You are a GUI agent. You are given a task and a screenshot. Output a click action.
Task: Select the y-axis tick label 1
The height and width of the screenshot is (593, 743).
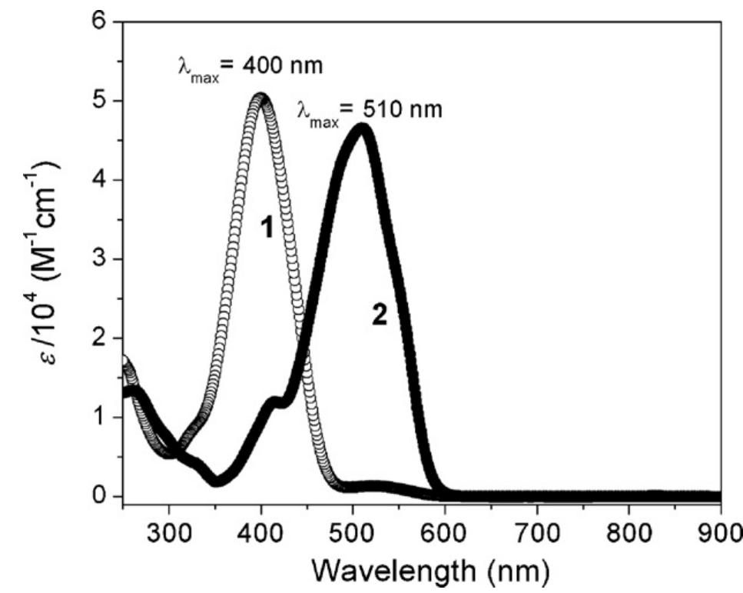(101, 418)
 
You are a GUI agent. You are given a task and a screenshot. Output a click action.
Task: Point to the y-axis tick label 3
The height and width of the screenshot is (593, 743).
(101, 259)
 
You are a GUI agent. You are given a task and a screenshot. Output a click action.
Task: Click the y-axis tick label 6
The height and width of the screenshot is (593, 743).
(101, 22)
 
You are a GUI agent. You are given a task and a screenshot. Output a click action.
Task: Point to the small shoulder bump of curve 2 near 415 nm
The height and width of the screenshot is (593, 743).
(274, 401)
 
